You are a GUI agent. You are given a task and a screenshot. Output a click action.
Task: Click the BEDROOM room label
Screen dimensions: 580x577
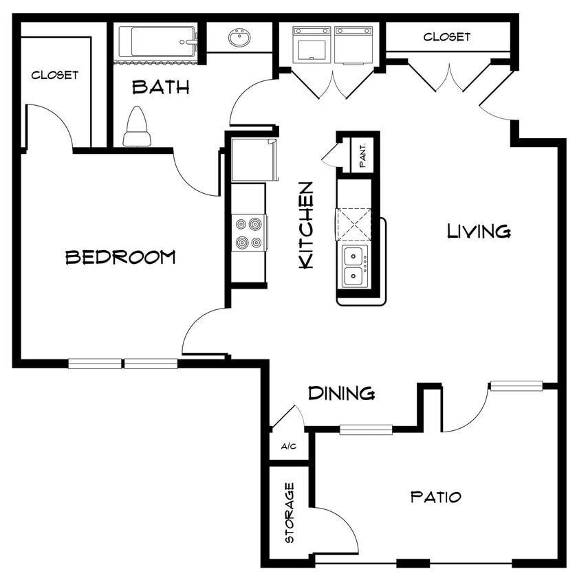[120, 257]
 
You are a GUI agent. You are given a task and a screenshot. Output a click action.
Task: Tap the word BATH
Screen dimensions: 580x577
[160, 87]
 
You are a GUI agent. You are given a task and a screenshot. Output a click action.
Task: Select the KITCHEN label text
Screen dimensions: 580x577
[306, 225]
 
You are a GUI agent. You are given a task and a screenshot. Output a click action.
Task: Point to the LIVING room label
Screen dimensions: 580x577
[479, 231]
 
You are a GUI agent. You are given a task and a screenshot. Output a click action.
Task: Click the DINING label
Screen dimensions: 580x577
[341, 393]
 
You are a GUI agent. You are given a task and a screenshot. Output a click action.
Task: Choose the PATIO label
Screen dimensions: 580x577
[435, 496]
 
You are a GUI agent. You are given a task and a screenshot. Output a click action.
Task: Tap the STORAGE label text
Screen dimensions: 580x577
[290, 513]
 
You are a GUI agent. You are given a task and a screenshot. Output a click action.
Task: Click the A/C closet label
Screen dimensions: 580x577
[289, 447]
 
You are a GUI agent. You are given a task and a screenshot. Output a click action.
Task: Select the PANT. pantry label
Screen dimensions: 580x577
[362, 155]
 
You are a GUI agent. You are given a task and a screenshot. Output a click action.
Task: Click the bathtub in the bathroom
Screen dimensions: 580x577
[157, 42]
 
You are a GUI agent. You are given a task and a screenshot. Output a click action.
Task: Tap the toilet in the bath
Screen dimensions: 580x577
[137, 128]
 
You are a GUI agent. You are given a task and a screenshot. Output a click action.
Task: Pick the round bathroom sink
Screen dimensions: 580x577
[239, 37]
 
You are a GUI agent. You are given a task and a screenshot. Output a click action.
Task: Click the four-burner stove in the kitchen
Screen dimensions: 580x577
[248, 233]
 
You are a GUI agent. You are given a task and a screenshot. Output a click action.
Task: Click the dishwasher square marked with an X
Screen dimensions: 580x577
[353, 224]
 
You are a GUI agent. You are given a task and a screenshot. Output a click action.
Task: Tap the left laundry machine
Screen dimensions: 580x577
[312, 45]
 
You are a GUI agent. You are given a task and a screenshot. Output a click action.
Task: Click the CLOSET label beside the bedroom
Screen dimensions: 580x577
[55, 75]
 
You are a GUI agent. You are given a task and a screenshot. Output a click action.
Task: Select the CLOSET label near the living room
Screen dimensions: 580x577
[447, 36]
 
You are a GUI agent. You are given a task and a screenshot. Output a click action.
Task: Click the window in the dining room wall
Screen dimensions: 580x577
[366, 430]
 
